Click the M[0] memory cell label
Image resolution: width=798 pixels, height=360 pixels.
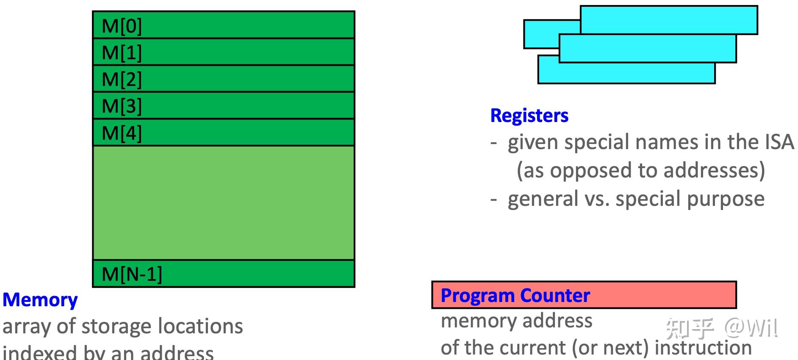pyautogui.click(x=122, y=26)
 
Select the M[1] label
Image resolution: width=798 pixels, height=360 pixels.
pyautogui.click(x=122, y=53)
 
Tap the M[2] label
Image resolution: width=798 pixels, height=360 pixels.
pyautogui.click(x=122, y=79)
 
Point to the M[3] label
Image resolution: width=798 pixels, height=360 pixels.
pyautogui.click(x=122, y=106)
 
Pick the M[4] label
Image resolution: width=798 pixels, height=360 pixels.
pyautogui.click(x=122, y=133)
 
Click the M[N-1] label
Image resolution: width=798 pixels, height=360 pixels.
pyautogui.click(x=132, y=274)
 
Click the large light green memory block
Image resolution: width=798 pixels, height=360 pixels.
pyautogui.click(x=223, y=202)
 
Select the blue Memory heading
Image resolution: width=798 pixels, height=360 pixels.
pyautogui.click(x=40, y=300)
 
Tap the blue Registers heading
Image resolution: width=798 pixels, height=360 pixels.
pyautogui.click(x=529, y=116)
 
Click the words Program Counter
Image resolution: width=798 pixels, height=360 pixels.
pyautogui.click(x=515, y=295)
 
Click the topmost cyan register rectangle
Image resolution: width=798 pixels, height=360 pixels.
pyautogui.click(x=668, y=19)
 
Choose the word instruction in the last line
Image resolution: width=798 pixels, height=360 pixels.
pyautogui.click(x=703, y=348)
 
